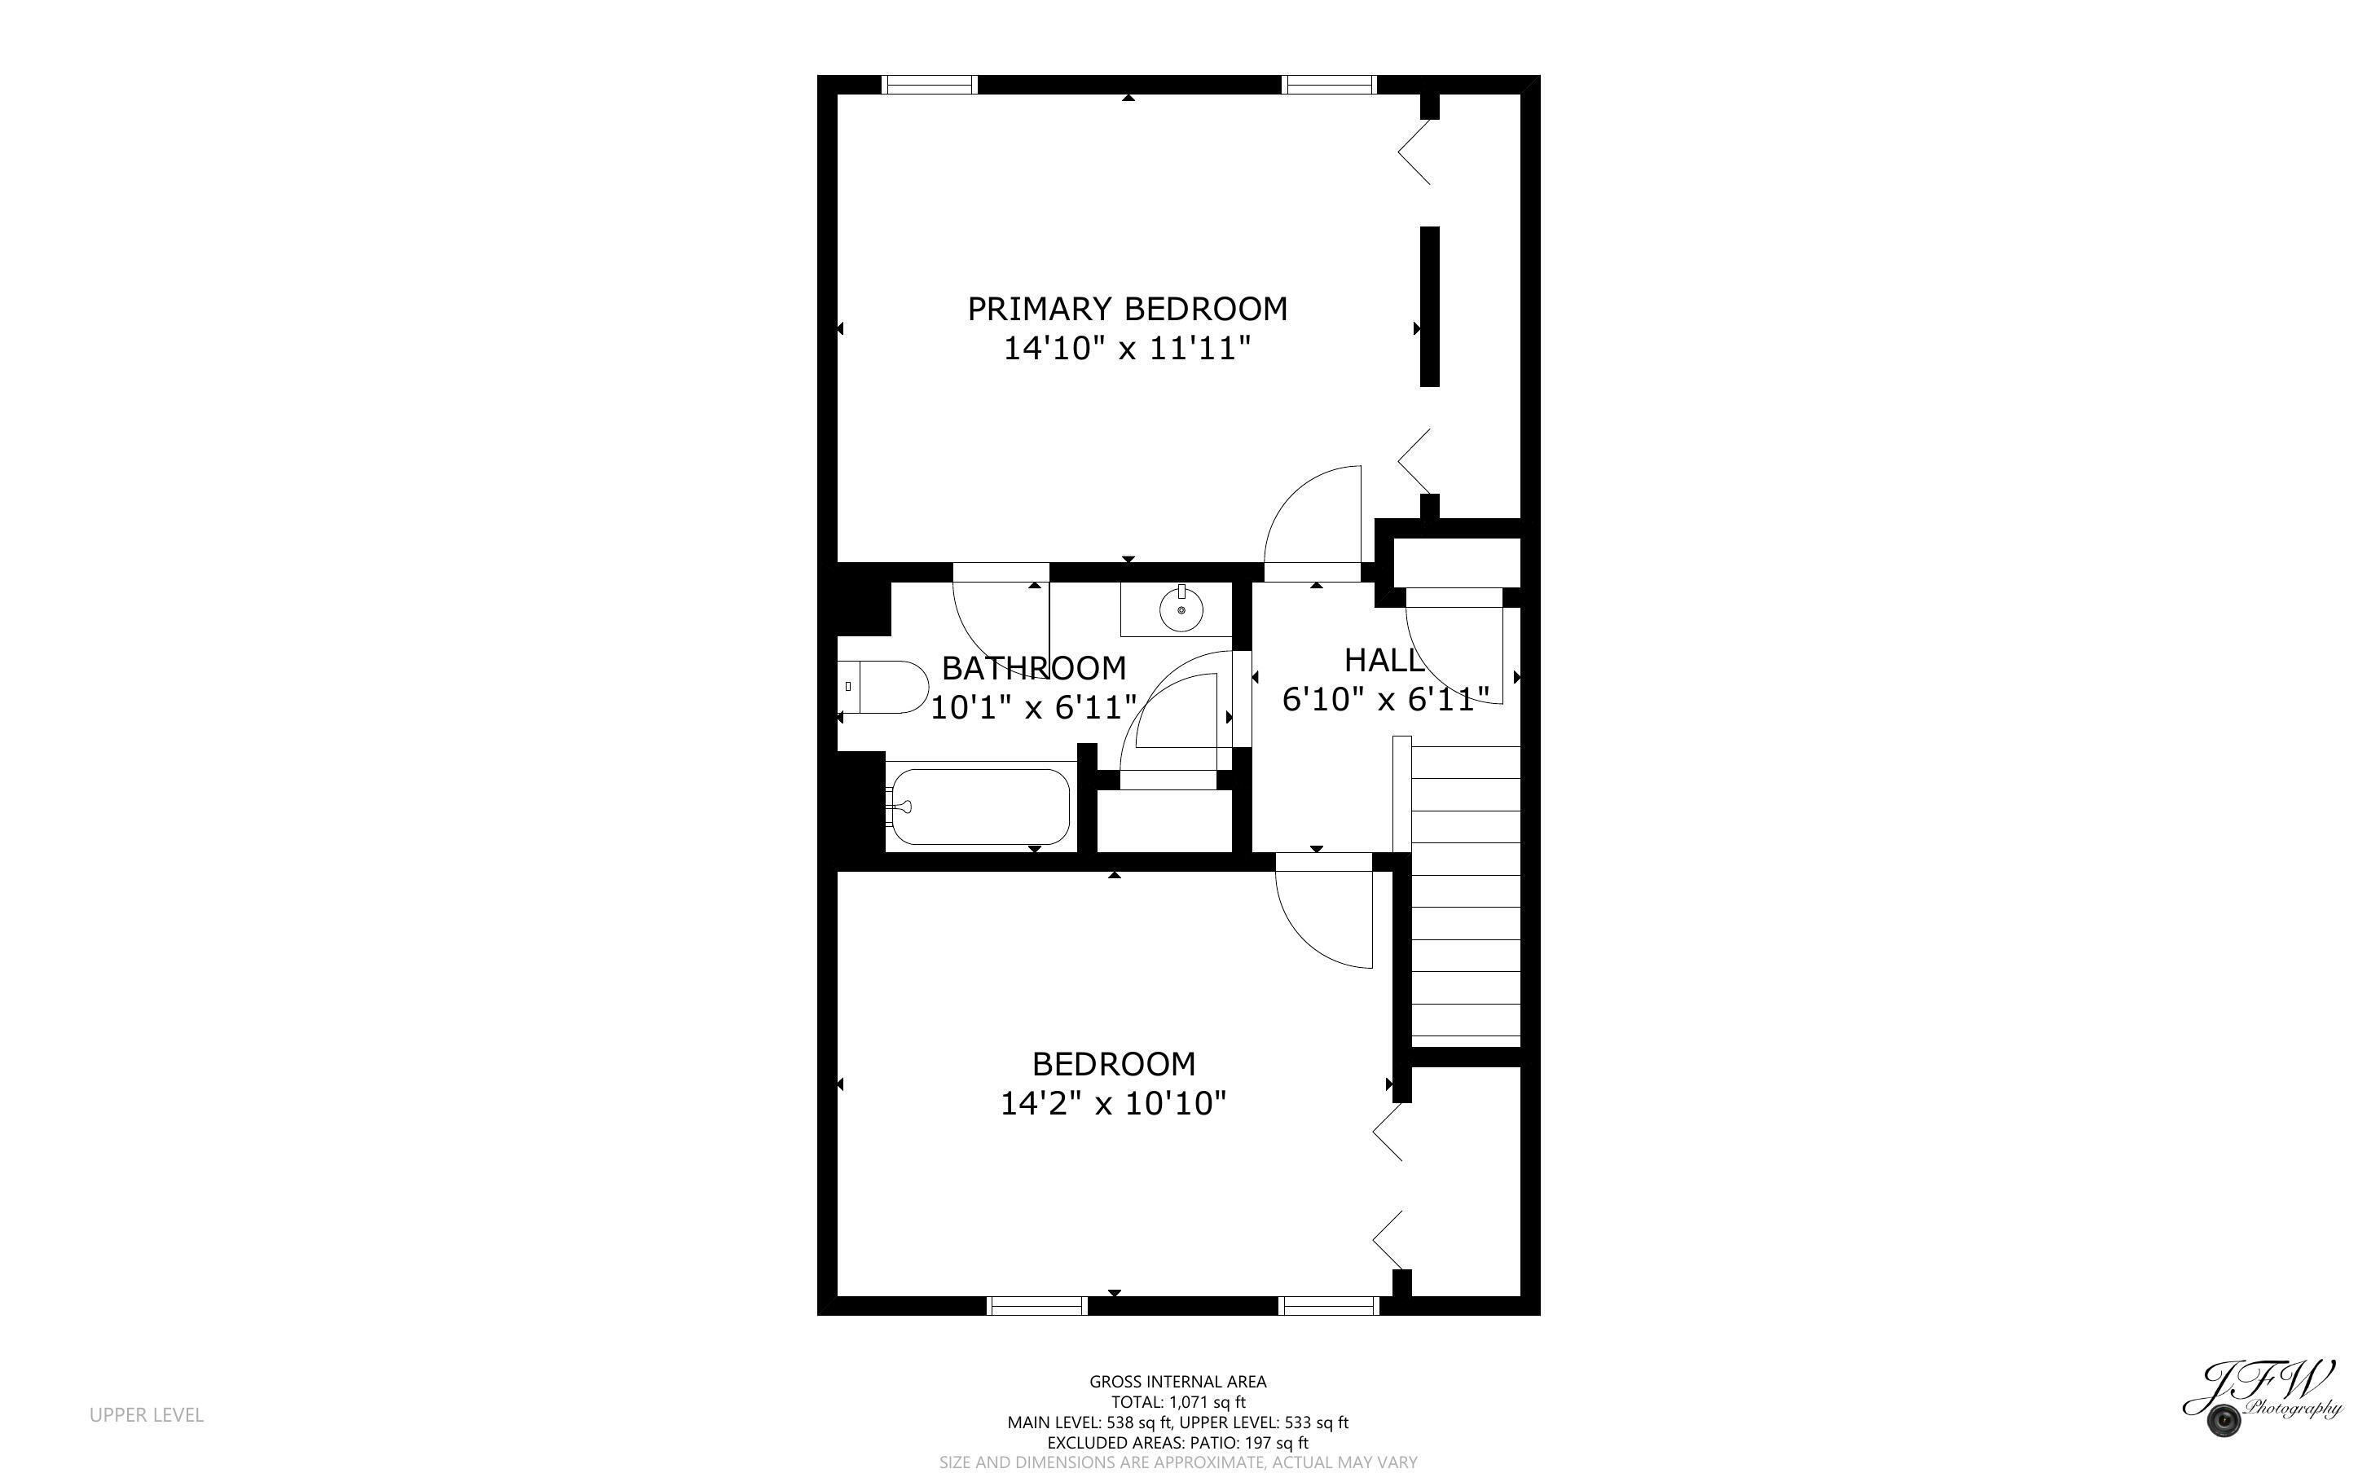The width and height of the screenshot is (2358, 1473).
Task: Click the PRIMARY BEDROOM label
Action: (x=1127, y=309)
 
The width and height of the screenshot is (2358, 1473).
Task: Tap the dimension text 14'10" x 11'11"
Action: (x=1127, y=349)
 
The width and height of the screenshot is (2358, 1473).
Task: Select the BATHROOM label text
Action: (x=1033, y=668)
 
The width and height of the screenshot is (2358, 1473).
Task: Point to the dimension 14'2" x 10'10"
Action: (x=1113, y=1104)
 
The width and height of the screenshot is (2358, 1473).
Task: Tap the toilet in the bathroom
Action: (x=882, y=687)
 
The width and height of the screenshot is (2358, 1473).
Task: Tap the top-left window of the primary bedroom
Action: (x=929, y=85)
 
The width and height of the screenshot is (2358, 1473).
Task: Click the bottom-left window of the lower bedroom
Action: (x=1037, y=1305)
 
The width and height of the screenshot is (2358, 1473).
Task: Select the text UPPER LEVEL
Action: (x=146, y=1414)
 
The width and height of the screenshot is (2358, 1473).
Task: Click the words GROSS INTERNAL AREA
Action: (x=1177, y=1382)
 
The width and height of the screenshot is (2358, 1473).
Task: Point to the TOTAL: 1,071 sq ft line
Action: (x=1177, y=1403)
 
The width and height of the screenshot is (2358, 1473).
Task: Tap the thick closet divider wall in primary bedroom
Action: (x=1429, y=307)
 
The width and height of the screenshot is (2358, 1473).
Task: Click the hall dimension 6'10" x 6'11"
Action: (x=1385, y=700)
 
